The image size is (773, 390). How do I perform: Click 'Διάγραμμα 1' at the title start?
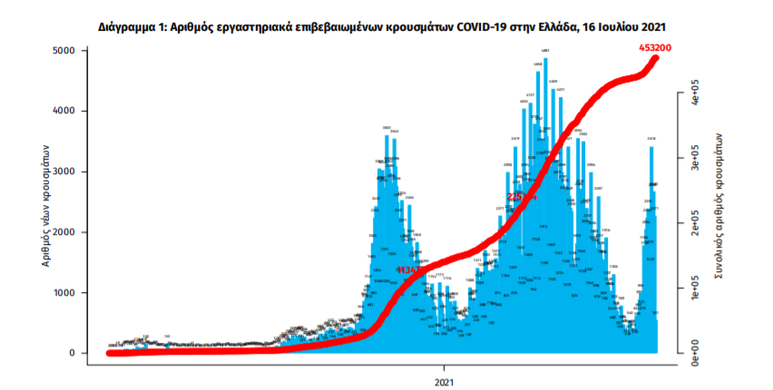pyautogui.click(x=131, y=28)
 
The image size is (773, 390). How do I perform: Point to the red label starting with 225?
pyautogui.click(x=521, y=196)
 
